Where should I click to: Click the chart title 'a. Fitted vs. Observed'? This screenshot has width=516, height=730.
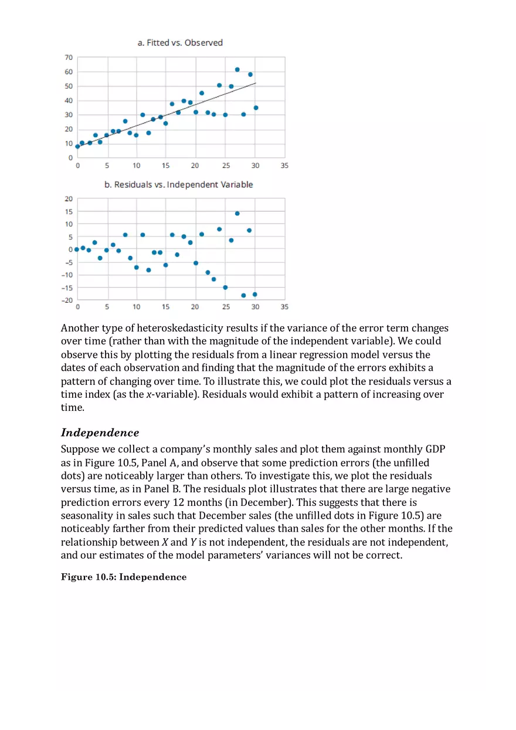point(180,43)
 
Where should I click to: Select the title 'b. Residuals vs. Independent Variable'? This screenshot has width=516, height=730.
point(179,184)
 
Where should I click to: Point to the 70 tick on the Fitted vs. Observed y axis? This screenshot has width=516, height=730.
point(69,58)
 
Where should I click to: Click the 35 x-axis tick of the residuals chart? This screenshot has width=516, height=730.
point(284,307)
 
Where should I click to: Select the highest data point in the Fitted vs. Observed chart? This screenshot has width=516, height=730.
point(237,69)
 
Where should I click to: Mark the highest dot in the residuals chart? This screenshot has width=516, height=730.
point(237,214)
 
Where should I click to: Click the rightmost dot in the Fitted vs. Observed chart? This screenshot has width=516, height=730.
point(256,108)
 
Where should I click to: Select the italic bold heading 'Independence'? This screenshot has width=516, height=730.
point(100,432)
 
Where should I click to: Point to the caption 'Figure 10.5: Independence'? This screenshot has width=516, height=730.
point(124,577)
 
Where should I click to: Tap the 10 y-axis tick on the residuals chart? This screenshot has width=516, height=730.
point(69,224)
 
